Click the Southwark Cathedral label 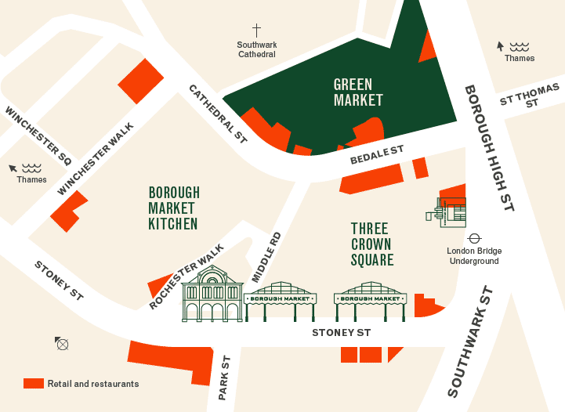click(256, 49)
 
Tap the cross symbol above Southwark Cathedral click(256, 30)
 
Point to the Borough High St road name click(488, 148)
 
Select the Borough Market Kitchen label click(173, 208)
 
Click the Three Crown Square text click(371, 244)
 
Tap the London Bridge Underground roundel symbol click(474, 237)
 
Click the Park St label click(225, 378)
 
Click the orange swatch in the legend click(33, 384)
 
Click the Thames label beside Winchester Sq click(31, 179)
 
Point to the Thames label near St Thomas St click(519, 58)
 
